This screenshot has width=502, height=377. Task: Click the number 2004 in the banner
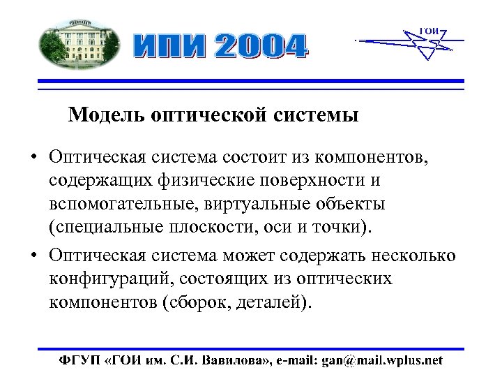pyautogui.click(x=261, y=46)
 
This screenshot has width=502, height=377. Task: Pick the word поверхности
pyautogui.click(x=308, y=181)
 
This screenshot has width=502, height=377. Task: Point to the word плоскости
pyautogui.click(x=211, y=228)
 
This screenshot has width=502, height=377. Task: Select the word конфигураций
pyautogui.click(x=109, y=279)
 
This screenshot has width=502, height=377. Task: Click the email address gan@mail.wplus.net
pyautogui.click(x=381, y=360)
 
